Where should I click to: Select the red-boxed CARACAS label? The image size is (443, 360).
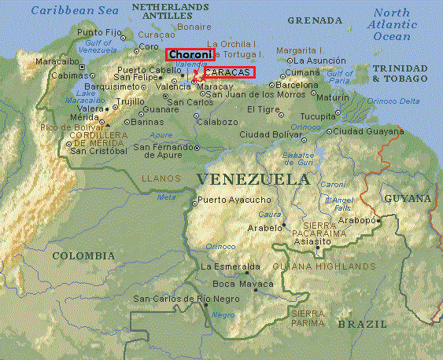click(229, 72)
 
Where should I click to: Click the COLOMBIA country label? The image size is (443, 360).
click(83, 255)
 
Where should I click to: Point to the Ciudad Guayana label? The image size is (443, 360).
click(366, 130)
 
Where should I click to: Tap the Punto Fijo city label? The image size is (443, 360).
click(99, 32)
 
